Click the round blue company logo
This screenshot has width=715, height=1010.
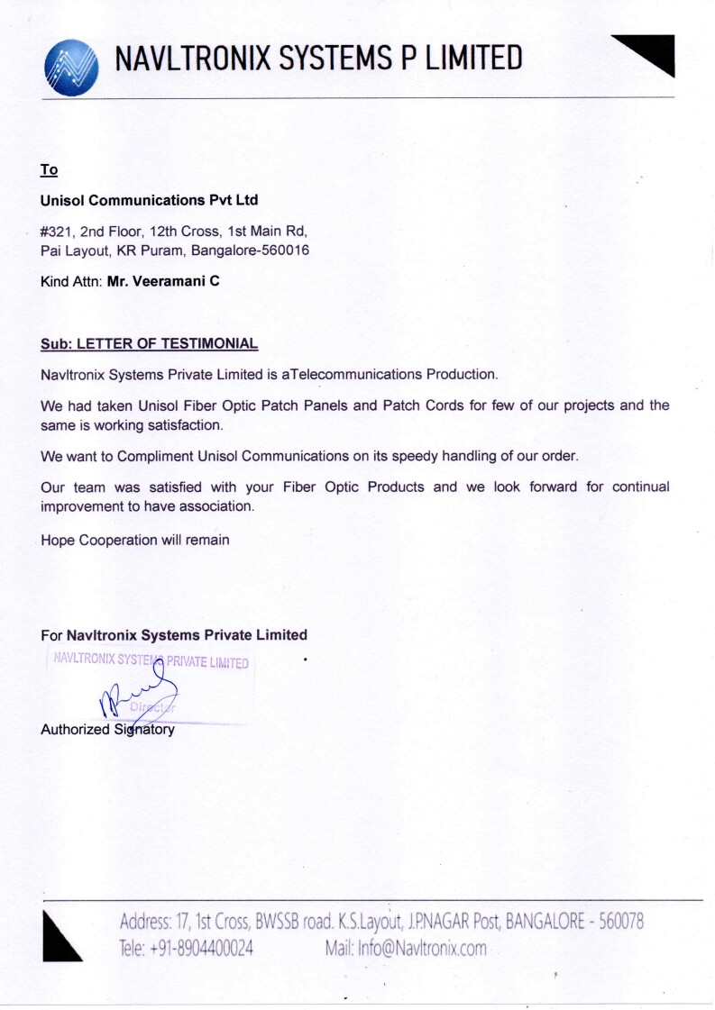tap(71, 67)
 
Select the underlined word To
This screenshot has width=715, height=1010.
tap(49, 170)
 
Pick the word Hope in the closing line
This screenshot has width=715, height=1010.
tap(58, 540)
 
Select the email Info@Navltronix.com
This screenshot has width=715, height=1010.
tap(422, 948)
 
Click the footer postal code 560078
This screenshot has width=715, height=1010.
tap(617, 922)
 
